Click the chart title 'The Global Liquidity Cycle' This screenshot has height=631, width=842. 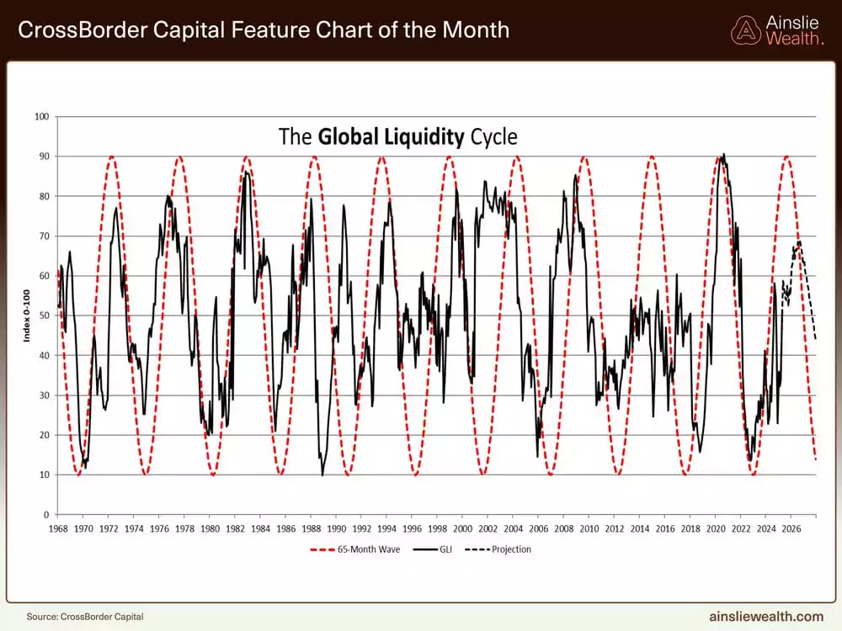[398, 136]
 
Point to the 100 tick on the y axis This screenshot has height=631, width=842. [40, 116]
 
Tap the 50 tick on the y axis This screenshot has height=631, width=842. [43, 315]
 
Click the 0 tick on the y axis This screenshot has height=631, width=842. [45, 515]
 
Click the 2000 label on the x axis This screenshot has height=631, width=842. [462, 528]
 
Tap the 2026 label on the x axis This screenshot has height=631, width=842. [791, 528]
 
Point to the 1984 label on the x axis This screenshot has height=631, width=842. [260, 528]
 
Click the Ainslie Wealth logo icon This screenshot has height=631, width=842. [745, 30]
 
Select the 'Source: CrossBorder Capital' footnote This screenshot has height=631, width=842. [85, 617]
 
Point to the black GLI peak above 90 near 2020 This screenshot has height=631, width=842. [724, 154]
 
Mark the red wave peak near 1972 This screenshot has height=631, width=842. [110, 156]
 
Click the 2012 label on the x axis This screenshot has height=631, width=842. [615, 528]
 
